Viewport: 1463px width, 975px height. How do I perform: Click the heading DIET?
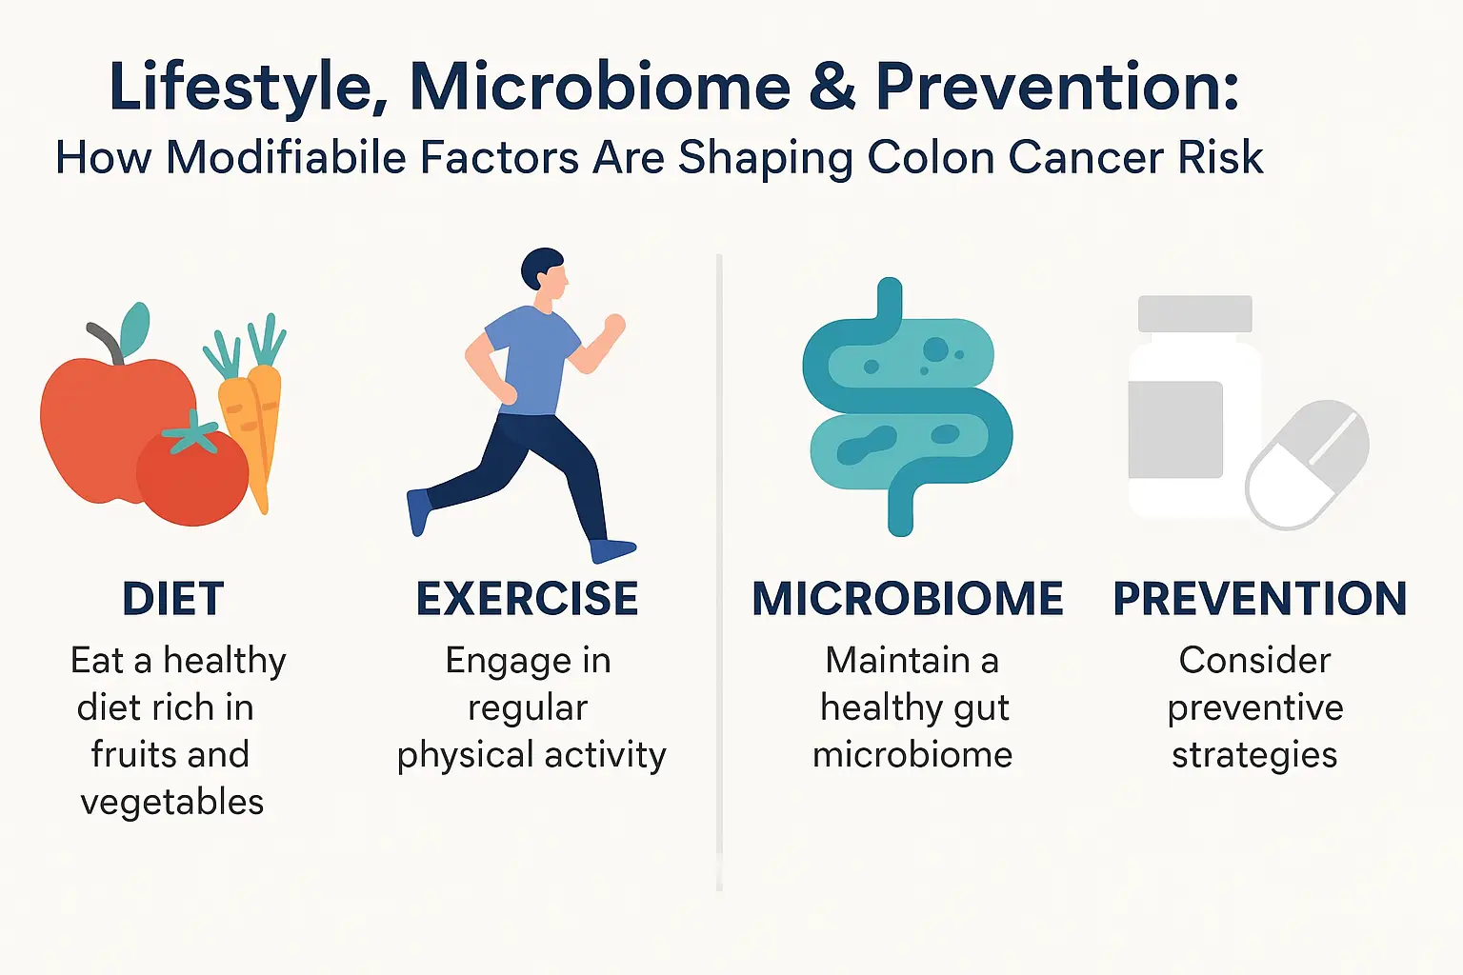tap(173, 599)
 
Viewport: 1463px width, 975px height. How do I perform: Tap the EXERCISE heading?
tap(527, 599)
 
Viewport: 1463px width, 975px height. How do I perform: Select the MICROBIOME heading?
tap(907, 599)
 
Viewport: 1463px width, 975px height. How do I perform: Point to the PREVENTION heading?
tap(1259, 599)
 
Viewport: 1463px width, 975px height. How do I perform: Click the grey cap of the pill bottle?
tap(1194, 313)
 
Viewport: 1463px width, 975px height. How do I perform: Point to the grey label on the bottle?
tap(1174, 429)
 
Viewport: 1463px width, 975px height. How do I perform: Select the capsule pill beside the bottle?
tap(1307, 465)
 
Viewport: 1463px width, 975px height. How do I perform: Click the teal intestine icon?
tap(905, 409)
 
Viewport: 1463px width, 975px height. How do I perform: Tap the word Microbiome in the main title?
tap(600, 87)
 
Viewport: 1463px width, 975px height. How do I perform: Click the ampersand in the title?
tap(832, 87)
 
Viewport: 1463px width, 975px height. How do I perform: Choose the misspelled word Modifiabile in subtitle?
tap(291, 158)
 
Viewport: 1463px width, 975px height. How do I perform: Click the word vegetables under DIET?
tap(172, 802)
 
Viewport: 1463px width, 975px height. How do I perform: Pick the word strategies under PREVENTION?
tap(1254, 755)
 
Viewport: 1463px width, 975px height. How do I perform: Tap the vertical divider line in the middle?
tap(719, 571)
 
